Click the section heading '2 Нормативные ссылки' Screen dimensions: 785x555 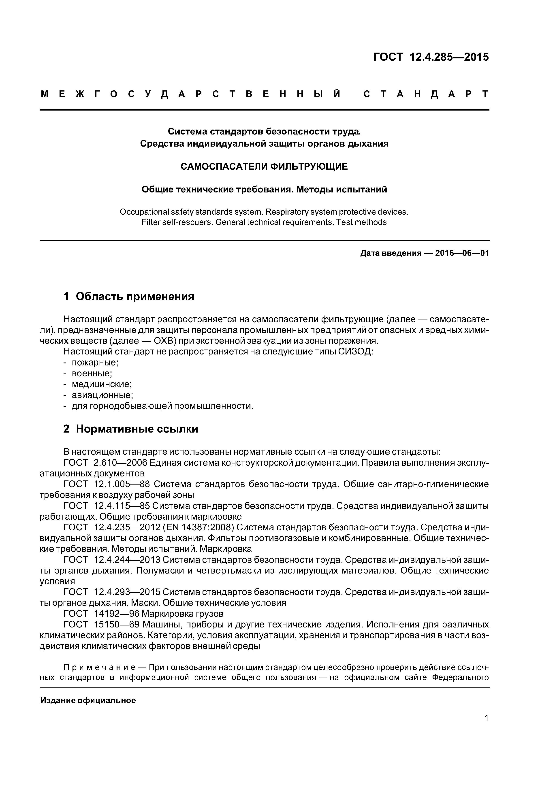point(131,429)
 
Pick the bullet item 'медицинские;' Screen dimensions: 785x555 point(102,384)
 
